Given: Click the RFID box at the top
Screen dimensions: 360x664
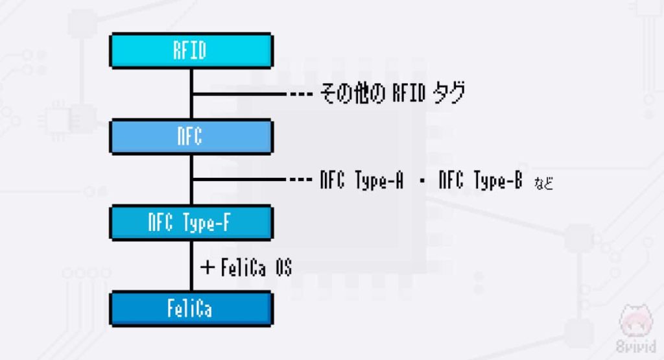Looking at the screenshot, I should (191, 51).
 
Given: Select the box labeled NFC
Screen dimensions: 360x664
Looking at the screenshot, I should (191, 136).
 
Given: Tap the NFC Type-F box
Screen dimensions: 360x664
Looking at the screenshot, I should (191, 222).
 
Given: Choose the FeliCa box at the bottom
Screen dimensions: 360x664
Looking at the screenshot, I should (191, 308).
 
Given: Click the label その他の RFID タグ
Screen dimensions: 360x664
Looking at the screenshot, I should (392, 94).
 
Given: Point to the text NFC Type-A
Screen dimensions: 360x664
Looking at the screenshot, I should (361, 180).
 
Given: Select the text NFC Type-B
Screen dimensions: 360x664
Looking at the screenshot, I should (480, 180).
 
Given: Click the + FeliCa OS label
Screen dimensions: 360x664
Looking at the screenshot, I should (246, 267).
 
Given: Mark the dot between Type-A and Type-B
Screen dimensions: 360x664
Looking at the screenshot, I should (422, 181).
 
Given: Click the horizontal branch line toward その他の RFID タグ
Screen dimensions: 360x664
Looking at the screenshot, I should (240, 95).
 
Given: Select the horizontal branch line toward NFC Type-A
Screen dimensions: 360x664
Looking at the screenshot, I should (240, 180).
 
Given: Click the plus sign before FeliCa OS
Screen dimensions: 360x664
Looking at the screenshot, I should (207, 267).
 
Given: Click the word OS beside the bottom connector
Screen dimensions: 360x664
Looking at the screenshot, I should (282, 267).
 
